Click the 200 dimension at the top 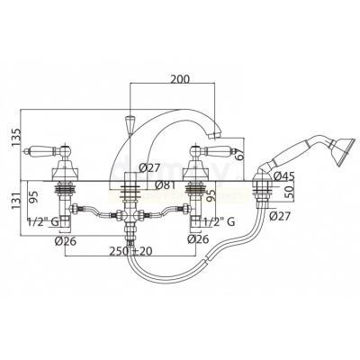(x=180, y=78)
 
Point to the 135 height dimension (x=16, y=138)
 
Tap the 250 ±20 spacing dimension (x=130, y=251)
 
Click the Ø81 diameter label (x=166, y=185)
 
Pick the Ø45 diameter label (x=284, y=176)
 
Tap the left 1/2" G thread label (x=43, y=222)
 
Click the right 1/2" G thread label (x=220, y=222)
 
